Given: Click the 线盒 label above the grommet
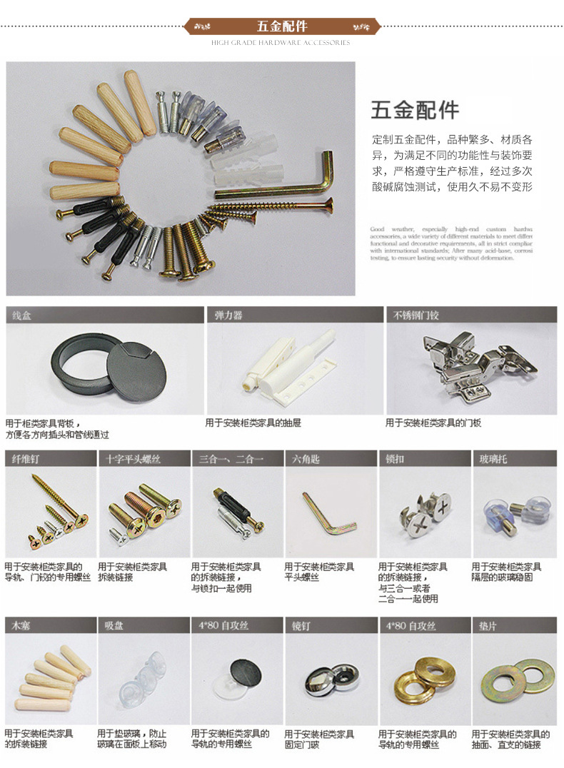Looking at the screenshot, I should click(x=19, y=315).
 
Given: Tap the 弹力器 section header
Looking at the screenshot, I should click(x=228, y=315).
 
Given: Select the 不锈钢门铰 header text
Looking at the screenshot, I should click(x=413, y=315).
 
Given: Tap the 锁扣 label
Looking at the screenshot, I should click(x=395, y=459).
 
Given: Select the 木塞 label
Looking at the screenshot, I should click(x=19, y=625).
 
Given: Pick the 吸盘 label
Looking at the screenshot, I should click(x=114, y=625).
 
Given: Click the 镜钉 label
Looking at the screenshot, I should click(x=301, y=625).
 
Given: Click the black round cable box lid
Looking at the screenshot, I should click(x=138, y=370).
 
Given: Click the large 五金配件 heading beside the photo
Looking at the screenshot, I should click(x=415, y=111).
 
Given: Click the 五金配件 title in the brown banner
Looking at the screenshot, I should click(x=282, y=26).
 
